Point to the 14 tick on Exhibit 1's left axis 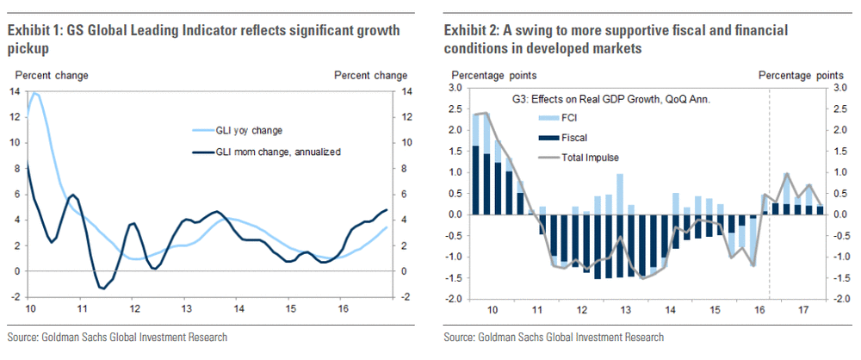(15, 91)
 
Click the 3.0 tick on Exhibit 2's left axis (454, 88)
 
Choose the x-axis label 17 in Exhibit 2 (802, 309)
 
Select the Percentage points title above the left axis (491, 75)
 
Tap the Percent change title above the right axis (370, 75)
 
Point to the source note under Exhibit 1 (117, 337)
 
